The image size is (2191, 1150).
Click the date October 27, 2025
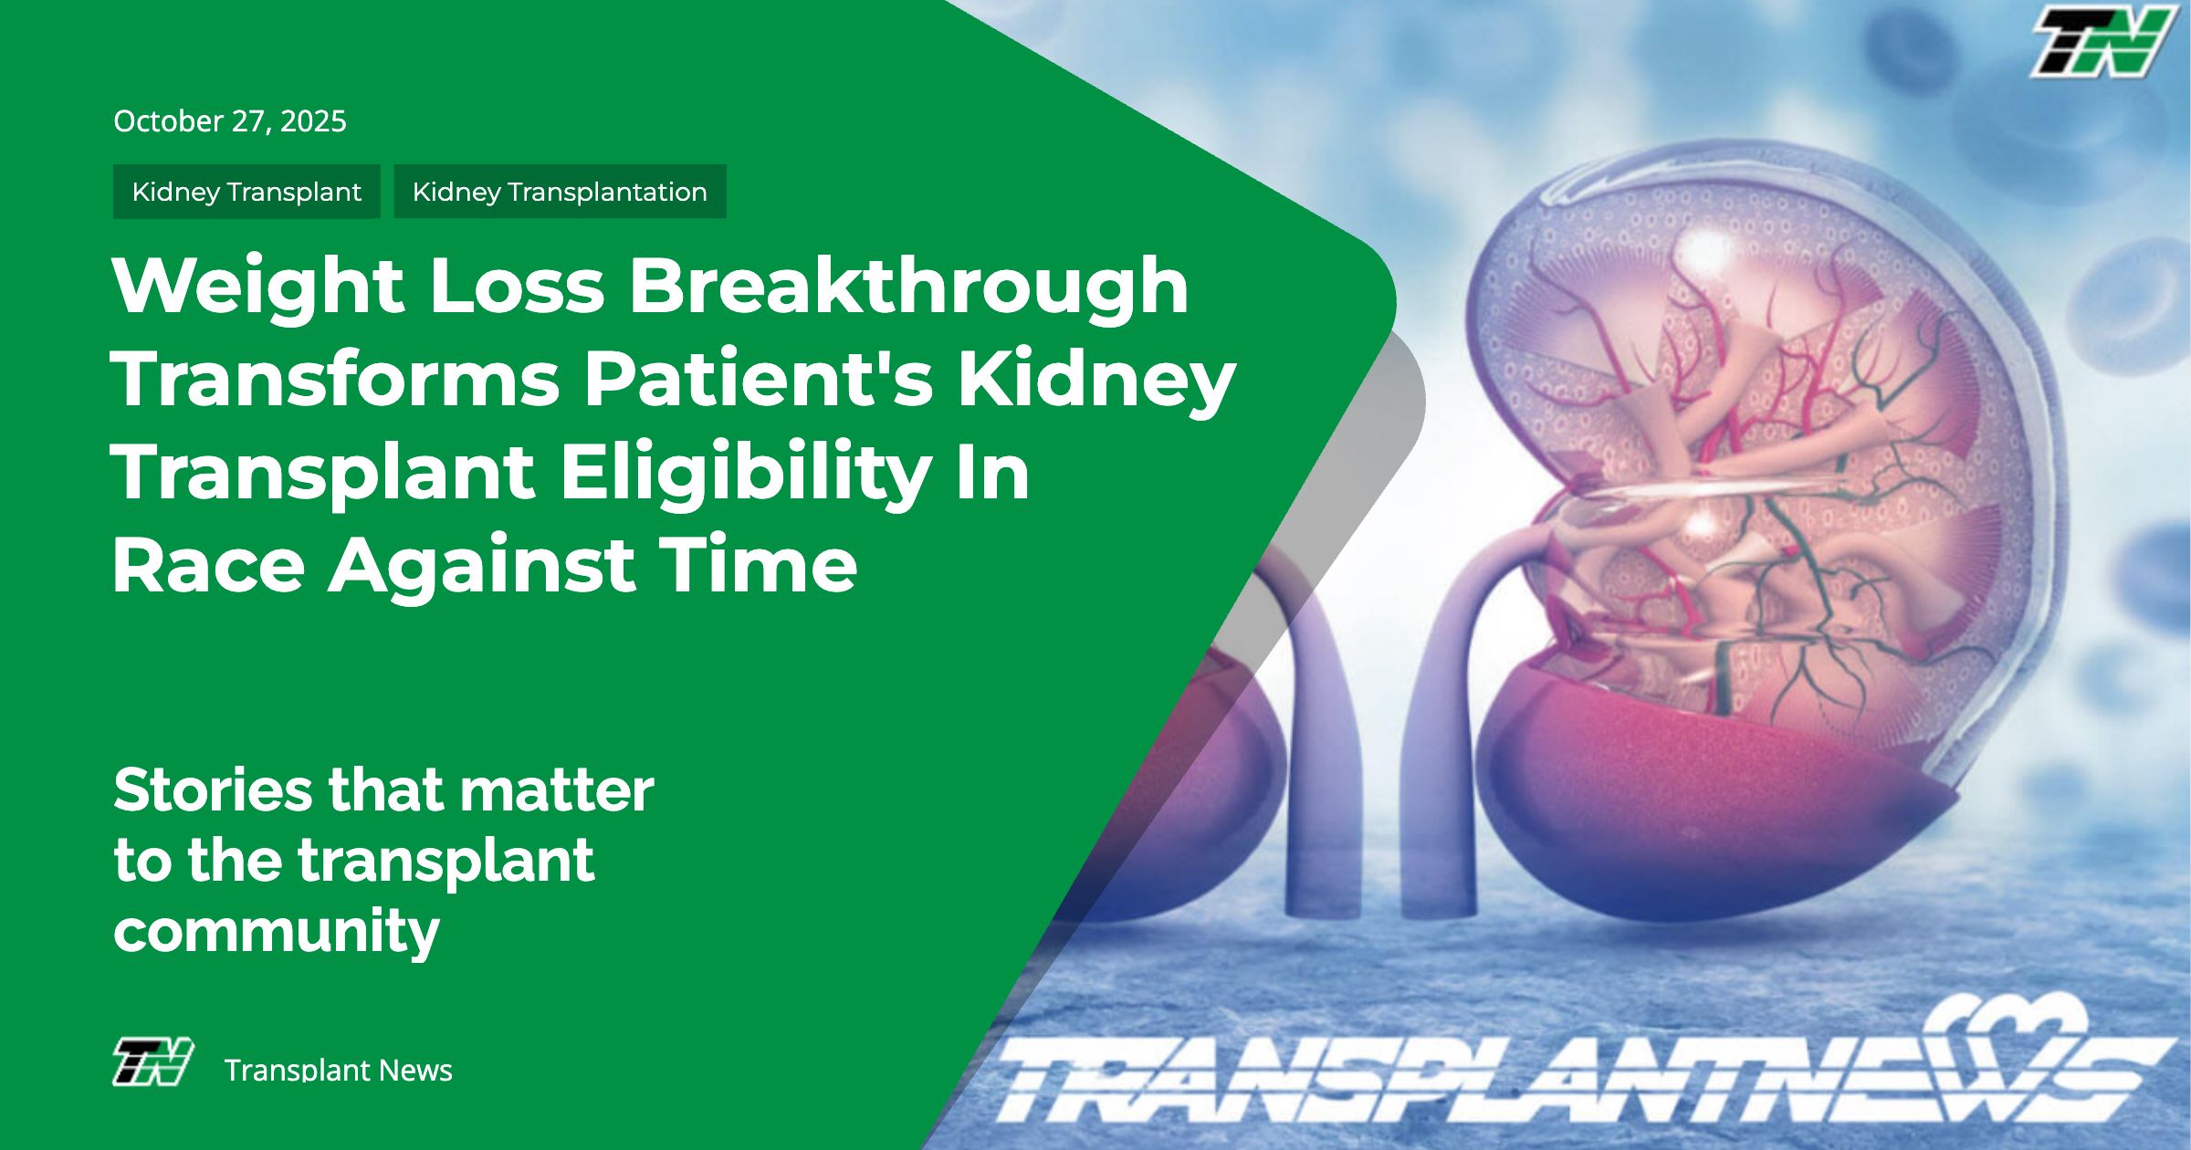(x=230, y=121)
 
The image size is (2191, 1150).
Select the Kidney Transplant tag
(x=246, y=192)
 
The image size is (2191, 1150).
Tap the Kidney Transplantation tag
(x=560, y=192)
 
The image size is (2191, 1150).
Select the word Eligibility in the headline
(x=746, y=473)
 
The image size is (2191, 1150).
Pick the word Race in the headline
(x=208, y=565)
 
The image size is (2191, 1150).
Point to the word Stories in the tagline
(x=213, y=790)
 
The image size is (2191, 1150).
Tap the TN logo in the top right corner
(x=2102, y=41)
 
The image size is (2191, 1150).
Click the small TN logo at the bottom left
(x=152, y=1061)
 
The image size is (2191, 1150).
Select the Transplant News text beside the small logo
(x=338, y=1070)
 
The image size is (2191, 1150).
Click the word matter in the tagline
(x=557, y=790)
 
